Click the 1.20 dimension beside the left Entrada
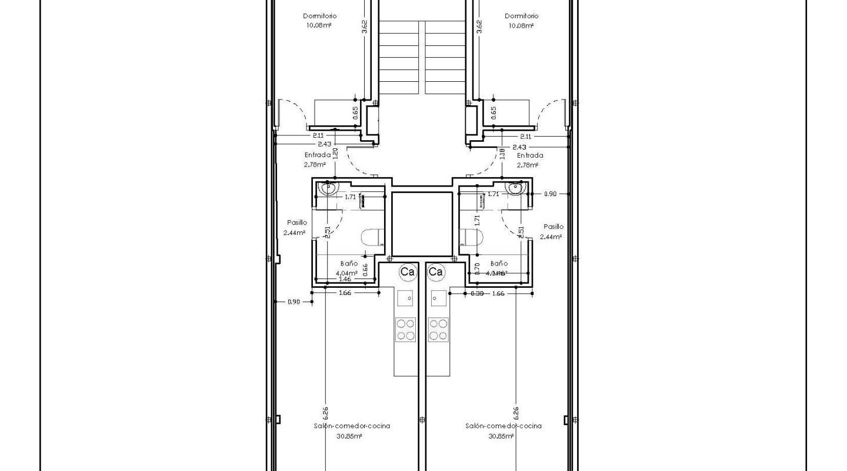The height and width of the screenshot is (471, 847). pyautogui.click(x=335, y=154)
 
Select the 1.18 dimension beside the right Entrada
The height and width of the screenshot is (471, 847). pyautogui.click(x=502, y=154)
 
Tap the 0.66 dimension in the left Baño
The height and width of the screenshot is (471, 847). pyautogui.click(x=365, y=270)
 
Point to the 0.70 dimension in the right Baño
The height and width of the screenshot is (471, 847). pyautogui.click(x=477, y=269)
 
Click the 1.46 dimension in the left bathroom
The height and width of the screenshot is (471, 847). pyautogui.click(x=345, y=279)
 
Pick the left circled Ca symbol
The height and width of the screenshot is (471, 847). pyautogui.click(x=407, y=271)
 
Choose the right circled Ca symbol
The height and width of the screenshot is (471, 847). pyautogui.click(x=436, y=271)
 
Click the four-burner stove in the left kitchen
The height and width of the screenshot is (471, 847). pyautogui.click(x=405, y=329)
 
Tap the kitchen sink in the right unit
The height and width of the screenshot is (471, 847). pyautogui.click(x=438, y=298)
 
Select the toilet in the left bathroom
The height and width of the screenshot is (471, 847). pyautogui.click(x=371, y=237)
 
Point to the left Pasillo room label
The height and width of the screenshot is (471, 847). pyautogui.click(x=296, y=223)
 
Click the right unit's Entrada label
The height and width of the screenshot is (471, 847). pyautogui.click(x=529, y=155)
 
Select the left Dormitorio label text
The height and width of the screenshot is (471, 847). pyautogui.click(x=319, y=16)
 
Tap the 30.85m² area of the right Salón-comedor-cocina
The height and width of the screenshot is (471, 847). pyautogui.click(x=501, y=436)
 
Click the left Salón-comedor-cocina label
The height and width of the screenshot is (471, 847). pyautogui.click(x=352, y=426)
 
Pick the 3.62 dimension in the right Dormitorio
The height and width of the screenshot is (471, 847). pyautogui.click(x=479, y=26)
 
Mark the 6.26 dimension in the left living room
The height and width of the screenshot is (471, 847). pyautogui.click(x=325, y=413)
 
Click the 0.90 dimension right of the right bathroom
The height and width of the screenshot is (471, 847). pyautogui.click(x=549, y=194)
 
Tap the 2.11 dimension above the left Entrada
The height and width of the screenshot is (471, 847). pyautogui.click(x=318, y=135)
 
